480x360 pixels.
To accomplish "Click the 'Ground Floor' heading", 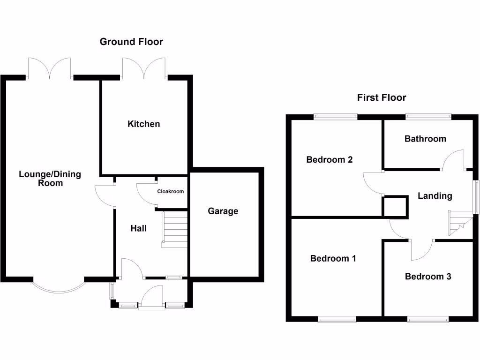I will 131,42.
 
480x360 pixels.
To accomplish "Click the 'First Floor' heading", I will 381,97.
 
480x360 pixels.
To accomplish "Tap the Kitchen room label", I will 144,124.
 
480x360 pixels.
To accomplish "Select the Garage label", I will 223,211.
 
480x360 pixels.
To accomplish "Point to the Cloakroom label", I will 170,191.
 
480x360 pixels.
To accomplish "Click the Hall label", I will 138,229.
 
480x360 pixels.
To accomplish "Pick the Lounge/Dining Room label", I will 50,179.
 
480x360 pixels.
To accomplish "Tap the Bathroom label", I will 425,139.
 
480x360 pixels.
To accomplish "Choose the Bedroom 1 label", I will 333,258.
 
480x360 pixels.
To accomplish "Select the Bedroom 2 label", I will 329,159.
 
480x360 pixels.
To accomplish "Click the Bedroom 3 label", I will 428,277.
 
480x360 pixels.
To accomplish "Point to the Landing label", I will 435,196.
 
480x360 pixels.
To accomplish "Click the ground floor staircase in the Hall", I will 174,230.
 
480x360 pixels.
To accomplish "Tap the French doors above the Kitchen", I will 144,68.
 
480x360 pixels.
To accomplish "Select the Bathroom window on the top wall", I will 428,115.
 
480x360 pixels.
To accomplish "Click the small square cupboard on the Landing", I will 394,207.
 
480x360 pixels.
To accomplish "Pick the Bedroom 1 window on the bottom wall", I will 337,320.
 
